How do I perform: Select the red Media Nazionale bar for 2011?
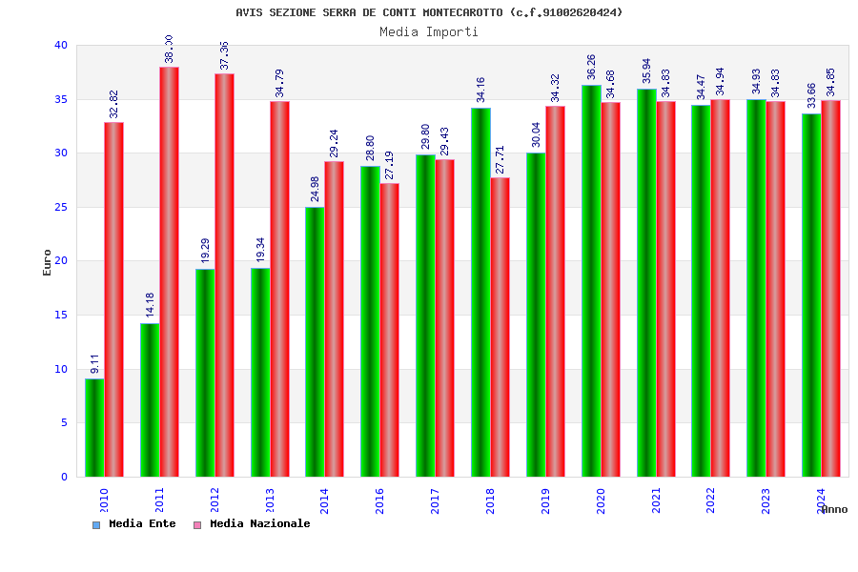tap(169, 272)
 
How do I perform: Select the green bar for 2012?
tap(205, 373)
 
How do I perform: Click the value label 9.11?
tap(94, 363)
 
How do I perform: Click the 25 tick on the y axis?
tap(61, 207)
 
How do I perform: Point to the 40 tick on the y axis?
tap(61, 45)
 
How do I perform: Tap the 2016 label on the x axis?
tap(379, 501)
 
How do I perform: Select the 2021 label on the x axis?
tap(656, 501)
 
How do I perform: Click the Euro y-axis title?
tap(48, 262)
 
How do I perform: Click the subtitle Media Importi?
tap(429, 31)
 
